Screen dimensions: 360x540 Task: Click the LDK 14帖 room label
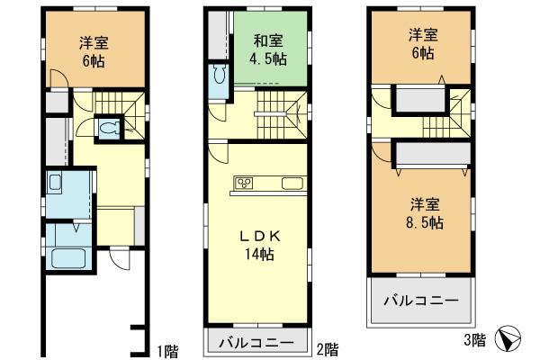pyautogui.click(x=259, y=245)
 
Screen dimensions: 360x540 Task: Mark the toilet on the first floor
pyautogui.click(x=109, y=129)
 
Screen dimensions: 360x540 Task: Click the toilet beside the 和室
pyautogui.click(x=219, y=77)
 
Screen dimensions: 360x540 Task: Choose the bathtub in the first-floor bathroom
pyautogui.click(x=67, y=259)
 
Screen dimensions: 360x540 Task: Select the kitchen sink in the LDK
pyautogui.click(x=293, y=184)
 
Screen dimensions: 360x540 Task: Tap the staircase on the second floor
pyautogui.click(x=277, y=114)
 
